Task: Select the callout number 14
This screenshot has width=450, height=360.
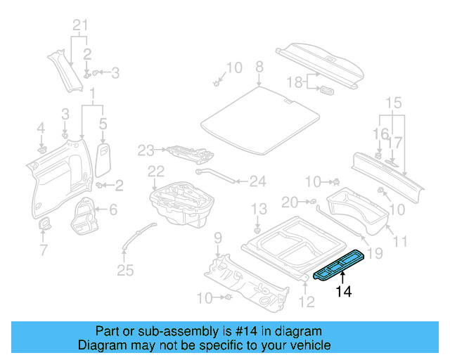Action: click(343, 292)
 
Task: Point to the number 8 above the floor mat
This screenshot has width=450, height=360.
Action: click(259, 67)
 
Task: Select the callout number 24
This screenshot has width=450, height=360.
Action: click(258, 181)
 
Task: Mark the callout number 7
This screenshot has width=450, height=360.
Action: click(43, 250)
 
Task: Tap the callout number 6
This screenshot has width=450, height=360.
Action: click(113, 209)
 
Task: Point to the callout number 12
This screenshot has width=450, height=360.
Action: click(307, 302)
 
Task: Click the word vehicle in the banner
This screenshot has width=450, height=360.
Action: click(311, 346)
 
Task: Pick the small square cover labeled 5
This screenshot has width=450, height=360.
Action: click(103, 157)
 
